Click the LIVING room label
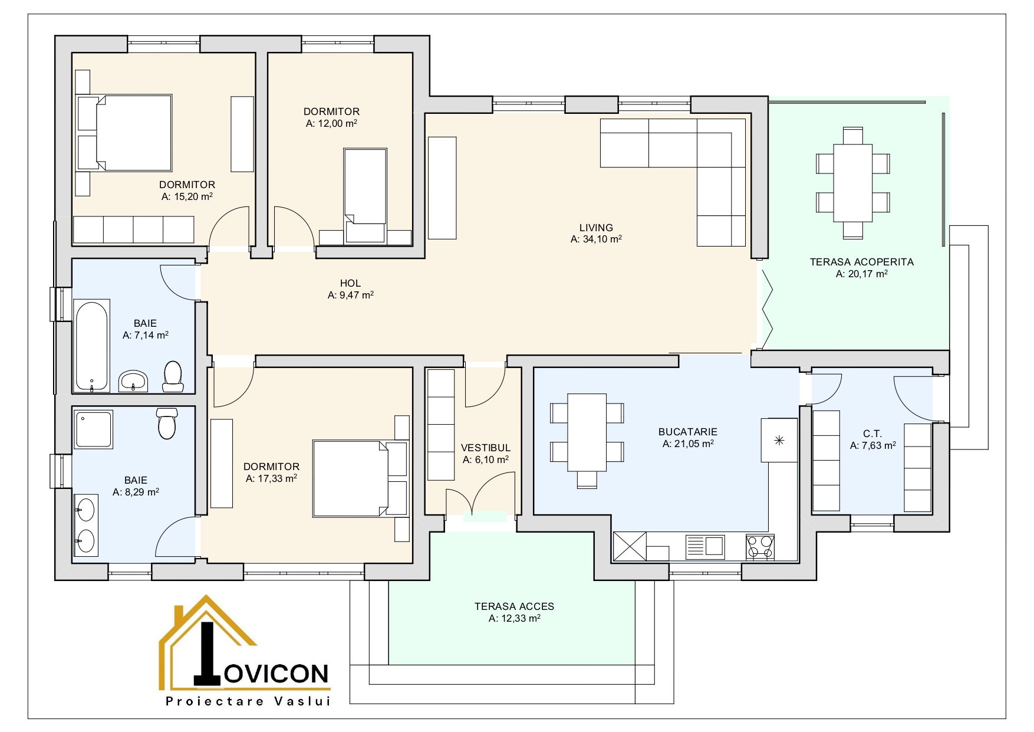click(x=596, y=228)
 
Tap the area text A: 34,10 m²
click(x=596, y=239)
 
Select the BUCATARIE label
click(x=687, y=432)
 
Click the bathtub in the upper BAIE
click(x=91, y=346)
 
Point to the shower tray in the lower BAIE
click(x=93, y=429)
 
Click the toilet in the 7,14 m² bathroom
click(x=173, y=376)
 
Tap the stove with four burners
click(x=760, y=547)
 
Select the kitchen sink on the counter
click(x=705, y=547)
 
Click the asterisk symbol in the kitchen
click(x=779, y=440)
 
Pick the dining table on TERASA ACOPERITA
click(x=852, y=183)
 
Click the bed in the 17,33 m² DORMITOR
click(x=360, y=478)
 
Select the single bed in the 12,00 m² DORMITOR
click(x=365, y=195)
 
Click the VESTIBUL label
click(x=486, y=448)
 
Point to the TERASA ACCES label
click(x=514, y=606)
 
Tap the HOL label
click(x=350, y=284)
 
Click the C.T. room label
click(x=872, y=434)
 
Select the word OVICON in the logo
click(x=276, y=674)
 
